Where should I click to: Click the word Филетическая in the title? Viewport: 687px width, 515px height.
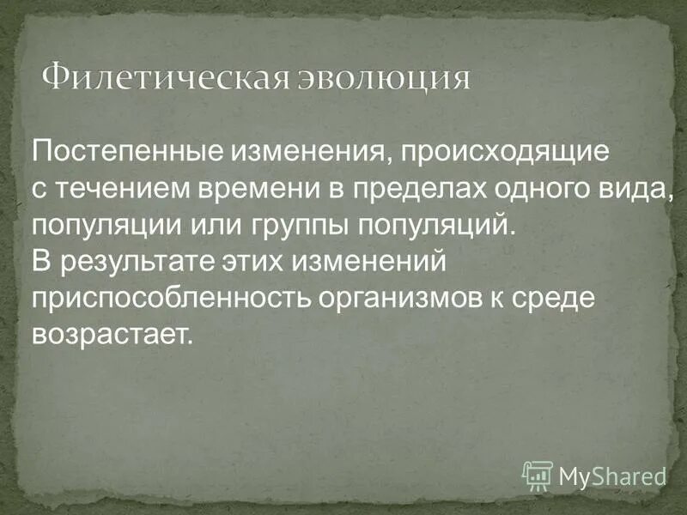tap(161, 78)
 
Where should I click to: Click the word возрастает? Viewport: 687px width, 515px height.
tap(110, 333)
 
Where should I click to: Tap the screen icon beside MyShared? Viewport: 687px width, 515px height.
tap(538, 474)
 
